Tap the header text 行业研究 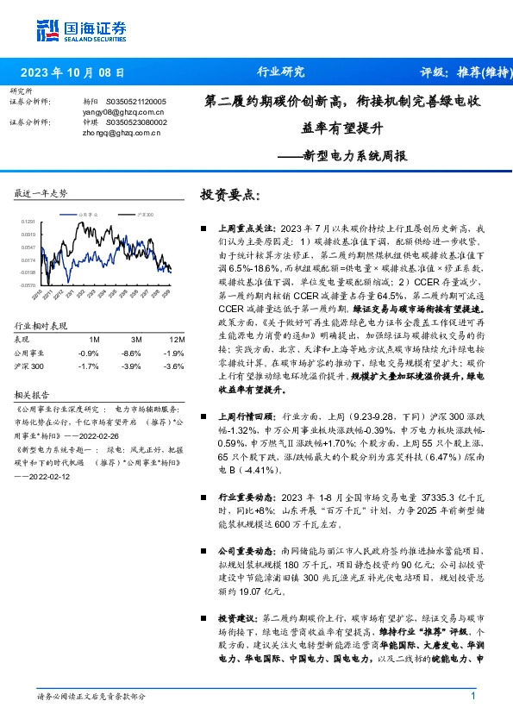280,72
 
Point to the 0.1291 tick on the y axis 29,222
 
